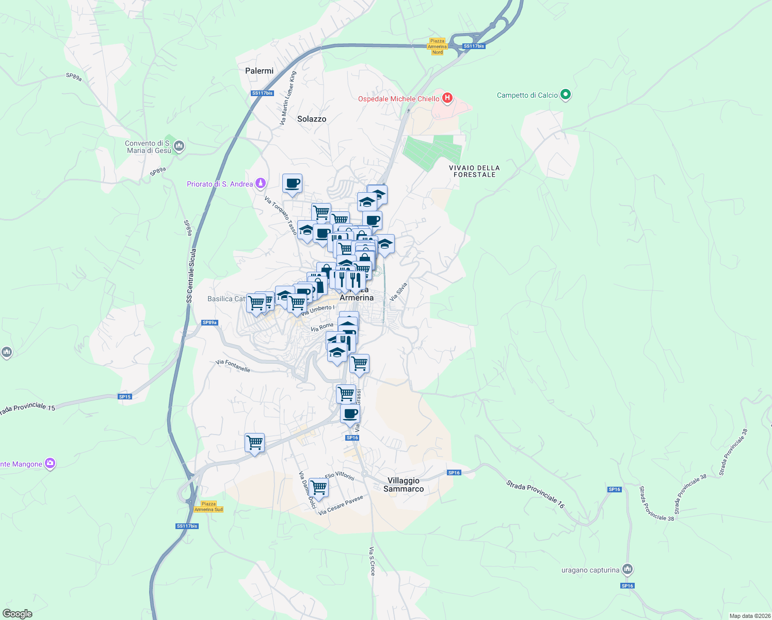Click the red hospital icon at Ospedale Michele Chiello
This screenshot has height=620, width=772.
pyautogui.click(x=447, y=98)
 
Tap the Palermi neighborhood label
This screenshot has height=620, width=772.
pyautogui.click(x=259, y=71)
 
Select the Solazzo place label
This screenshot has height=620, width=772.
pyautogui.click(x=312, y=119)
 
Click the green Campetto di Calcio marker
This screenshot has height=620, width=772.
pyautogui.click(x=566, y=95)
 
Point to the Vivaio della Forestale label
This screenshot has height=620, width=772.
pyautogui.click(x=474, y=171)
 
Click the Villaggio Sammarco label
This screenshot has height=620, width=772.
pyautogui.click(x=404, y=485)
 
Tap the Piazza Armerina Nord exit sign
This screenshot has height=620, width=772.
pyautogui.click(x=437, y=47)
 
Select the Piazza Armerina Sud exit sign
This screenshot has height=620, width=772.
pyautogui.click(x=208, y=506)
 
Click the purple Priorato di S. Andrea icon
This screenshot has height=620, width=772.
pyautogui.click(x=261, y=183)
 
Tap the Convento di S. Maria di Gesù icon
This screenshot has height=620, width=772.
pyautogui.click(x=179, y=146)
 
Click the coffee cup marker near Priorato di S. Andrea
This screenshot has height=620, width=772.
pyautogui.click(x=292, y=183)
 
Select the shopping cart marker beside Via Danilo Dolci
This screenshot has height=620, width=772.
pyautogui.click(x=318, y=487)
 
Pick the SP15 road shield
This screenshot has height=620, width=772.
pyautogui.click(x=125, y=397)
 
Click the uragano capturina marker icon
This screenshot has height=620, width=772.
pyautogui.click(x=628, y=569)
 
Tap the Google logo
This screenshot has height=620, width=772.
pyautogui.click(x=17, y=614)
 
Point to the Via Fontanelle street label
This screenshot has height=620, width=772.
pyautogui.click(x=233, y=366)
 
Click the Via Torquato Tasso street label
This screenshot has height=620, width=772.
pyautogui.click(x=281, y=215)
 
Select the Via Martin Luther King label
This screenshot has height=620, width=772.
pyautogui.click(x=288, y=98)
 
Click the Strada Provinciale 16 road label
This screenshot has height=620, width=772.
pyautogui.click(x=535, y=494)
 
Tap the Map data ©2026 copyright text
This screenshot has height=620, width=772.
pyautogui.click(x=749, y=616)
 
